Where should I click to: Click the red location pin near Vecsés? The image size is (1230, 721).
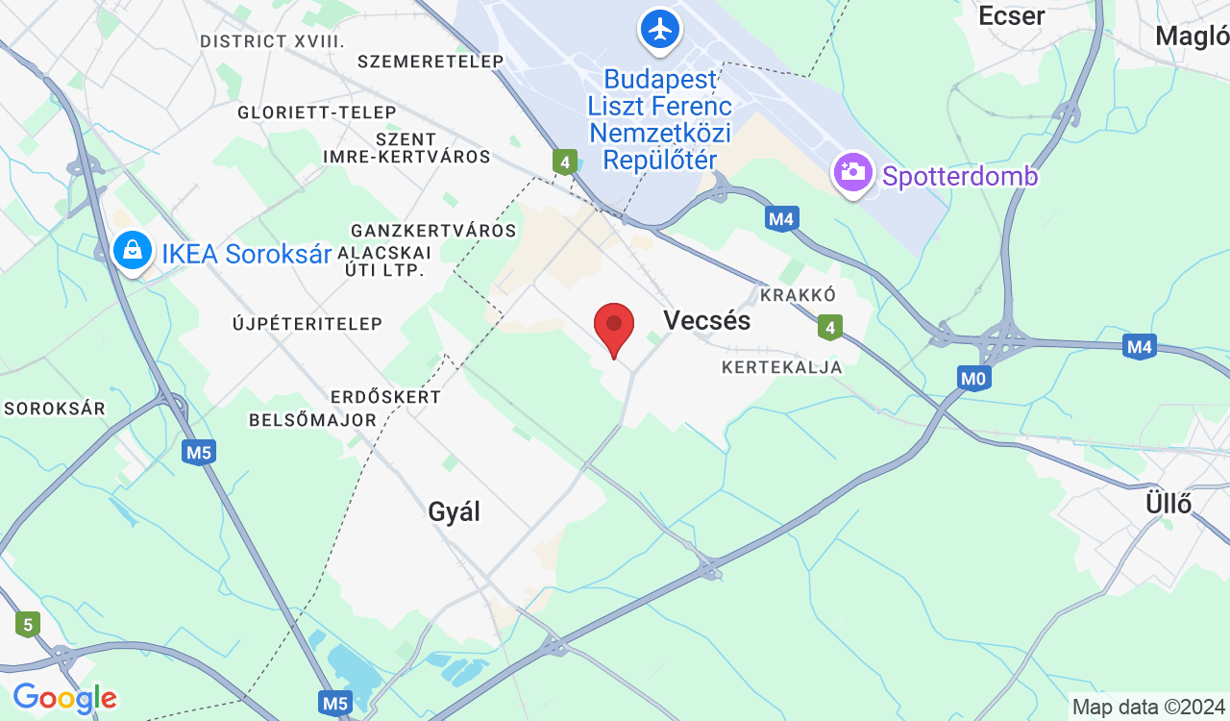pos(614,327)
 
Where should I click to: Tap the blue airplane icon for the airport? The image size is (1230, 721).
pos(660,29)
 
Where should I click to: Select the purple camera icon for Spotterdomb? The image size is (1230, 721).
pos(852,173)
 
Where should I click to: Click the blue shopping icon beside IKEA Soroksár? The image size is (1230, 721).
pos(133,252)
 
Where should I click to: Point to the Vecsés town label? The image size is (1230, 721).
pos(706,320)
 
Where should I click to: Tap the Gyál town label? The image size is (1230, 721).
pos(454,511)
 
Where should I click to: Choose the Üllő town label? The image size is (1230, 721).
pos(1168,503)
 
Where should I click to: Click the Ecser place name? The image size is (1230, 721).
pos(1011,15)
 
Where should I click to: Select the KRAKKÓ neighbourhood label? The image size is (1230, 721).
pos(798,294)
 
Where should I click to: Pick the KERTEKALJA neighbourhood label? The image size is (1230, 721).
pos(782,367)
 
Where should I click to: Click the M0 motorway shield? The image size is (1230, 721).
pos(974,379)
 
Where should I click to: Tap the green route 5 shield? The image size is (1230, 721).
pos(28,625)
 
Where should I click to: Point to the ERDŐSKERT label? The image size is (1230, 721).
pos(385,397)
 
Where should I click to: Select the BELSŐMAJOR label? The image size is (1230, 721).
pos(312,420)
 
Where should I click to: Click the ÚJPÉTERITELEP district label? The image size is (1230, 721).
pos(307,324)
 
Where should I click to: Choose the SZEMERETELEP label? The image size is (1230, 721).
pos(430,62)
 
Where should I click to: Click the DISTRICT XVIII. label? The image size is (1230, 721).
pos(272,41)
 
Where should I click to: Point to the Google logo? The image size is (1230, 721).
pos(64,699)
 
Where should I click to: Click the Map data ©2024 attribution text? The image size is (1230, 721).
pos(1149,708)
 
